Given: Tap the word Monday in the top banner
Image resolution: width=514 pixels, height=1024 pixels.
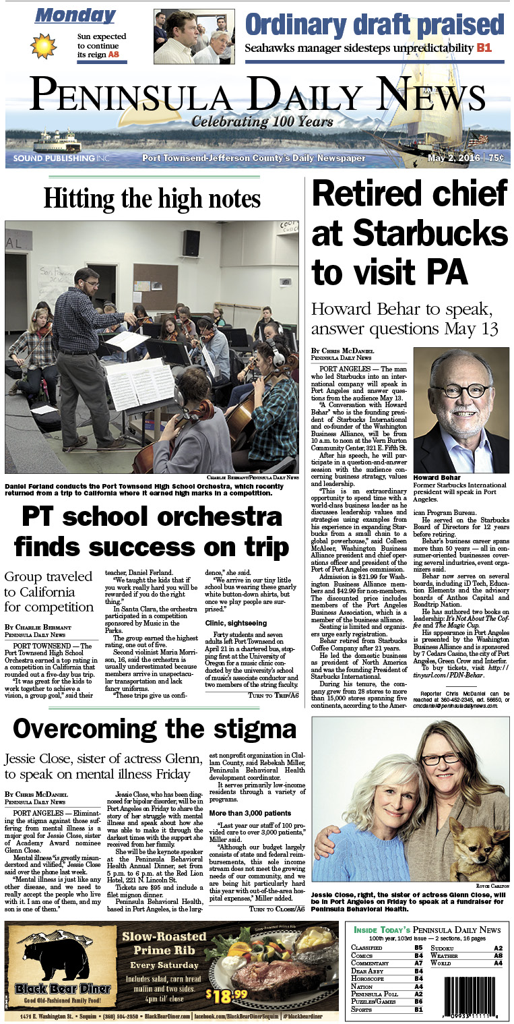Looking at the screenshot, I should click(75, 16).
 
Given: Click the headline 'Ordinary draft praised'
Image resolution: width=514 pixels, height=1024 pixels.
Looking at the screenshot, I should click(374, 24).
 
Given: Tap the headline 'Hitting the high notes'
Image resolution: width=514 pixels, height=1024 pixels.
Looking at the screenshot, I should click(152, 198).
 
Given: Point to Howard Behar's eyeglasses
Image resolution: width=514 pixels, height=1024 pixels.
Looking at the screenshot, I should click(461, 390).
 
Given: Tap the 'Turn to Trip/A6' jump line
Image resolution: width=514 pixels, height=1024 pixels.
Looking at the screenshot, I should click(274, 694).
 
